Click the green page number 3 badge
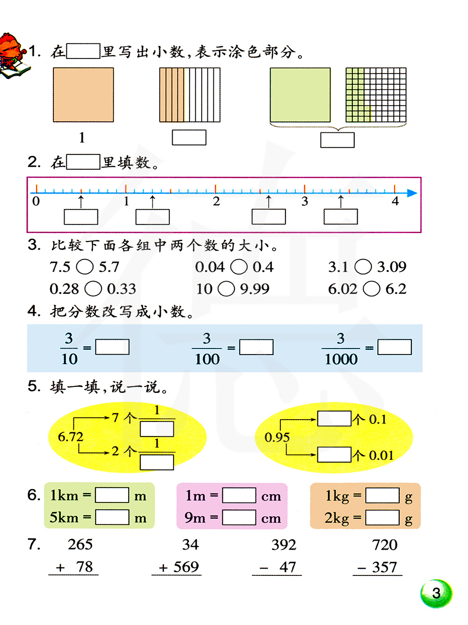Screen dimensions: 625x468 436,594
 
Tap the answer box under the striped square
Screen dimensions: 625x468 189,138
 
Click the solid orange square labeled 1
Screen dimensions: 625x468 83,95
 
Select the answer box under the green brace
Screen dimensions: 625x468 337,140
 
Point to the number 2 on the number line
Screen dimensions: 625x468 216,202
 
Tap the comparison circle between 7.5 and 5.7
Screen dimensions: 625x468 85,267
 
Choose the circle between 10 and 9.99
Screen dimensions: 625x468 227,289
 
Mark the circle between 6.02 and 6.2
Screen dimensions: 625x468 372,289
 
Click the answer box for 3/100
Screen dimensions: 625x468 256,347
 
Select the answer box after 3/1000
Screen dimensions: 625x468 395,347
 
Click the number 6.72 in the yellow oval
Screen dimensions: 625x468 70,437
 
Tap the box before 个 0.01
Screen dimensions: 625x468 334,455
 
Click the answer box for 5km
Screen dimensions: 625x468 112,517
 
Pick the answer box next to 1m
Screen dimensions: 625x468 239,495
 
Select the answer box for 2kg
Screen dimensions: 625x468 382,517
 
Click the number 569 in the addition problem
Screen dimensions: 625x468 186,567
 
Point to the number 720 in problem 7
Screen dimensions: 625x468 385,545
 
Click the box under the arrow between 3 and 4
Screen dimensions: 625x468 341,217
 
